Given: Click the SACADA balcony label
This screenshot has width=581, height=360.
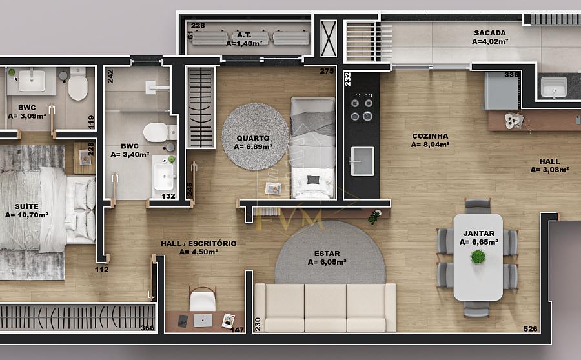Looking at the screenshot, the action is [x=490, y=33].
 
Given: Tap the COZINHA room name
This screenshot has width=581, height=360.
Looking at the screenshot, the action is [x=430, y=136].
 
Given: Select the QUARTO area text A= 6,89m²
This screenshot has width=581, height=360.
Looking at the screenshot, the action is [x=253, y=146].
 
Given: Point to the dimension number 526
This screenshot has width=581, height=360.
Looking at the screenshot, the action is [x=530, y=328].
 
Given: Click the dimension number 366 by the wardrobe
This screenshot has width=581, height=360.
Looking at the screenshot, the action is [x=147, y=328].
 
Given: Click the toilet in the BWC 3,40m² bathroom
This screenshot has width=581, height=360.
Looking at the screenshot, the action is [x=159, y=132].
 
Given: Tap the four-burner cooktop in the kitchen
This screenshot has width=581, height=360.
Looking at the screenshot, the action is [x=362, y=106].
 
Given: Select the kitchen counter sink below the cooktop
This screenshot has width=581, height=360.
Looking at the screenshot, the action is [x=362, y=161].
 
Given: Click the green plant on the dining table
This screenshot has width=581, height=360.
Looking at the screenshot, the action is [x=478, y=257].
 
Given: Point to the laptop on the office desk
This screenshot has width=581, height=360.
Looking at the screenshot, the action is [x=203, y=321].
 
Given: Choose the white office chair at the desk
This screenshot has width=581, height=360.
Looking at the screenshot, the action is [x=203, y=299].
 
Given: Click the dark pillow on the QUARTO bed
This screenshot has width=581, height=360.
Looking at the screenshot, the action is [x=313, y=179].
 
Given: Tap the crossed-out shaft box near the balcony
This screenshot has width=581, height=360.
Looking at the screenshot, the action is [x=329, y=39].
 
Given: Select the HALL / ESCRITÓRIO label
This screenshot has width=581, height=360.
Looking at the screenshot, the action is [x=199, y=243].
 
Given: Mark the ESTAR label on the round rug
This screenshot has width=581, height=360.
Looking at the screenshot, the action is [x=327, y=254].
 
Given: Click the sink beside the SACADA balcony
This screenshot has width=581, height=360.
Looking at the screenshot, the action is [x=554, y=86].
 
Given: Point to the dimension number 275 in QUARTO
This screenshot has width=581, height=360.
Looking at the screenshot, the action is [x=327, y=71].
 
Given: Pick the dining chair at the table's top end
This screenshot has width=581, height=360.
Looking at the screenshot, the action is [x=478, y=206].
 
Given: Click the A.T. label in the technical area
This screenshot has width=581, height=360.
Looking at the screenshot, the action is [x=244, y=35].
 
